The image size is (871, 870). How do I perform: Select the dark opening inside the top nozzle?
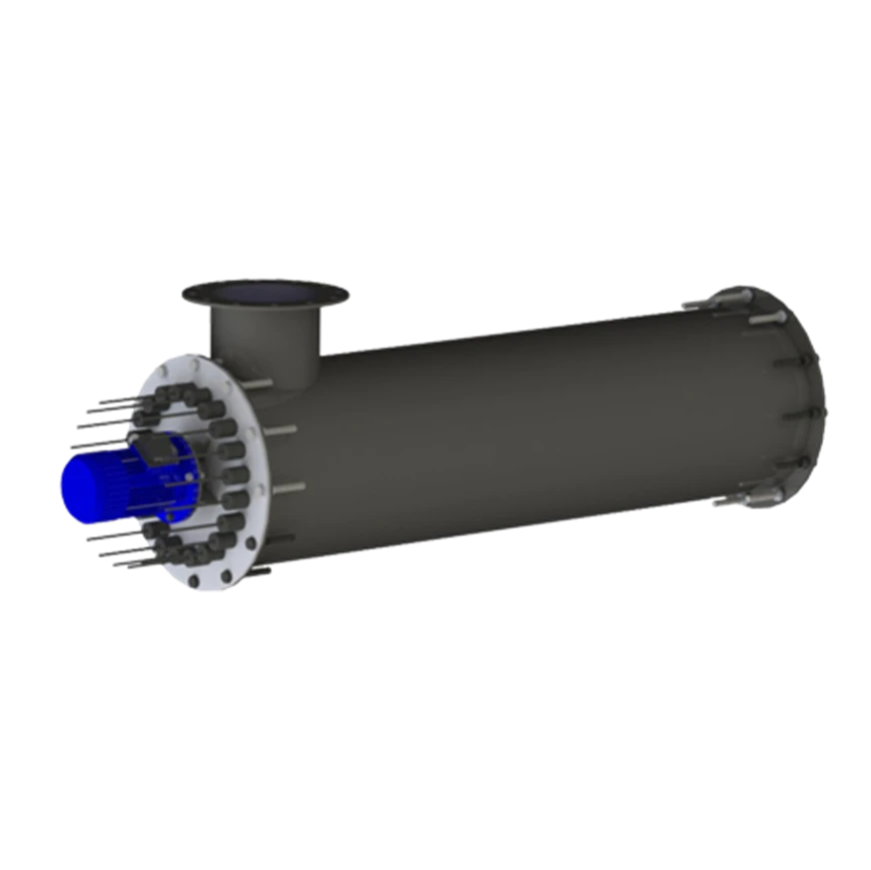point(264,291)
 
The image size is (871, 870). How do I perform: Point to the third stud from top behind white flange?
point(288,487)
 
